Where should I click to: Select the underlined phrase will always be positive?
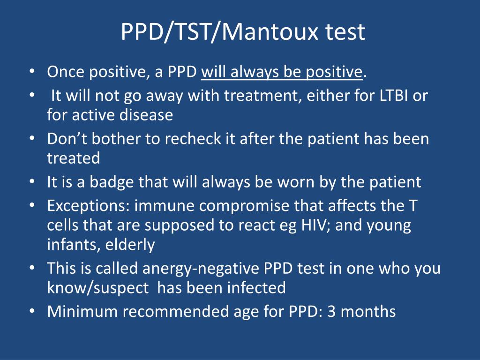[x=282, y=72]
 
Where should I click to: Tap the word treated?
[x=74, y=158]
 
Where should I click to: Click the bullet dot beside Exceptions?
[x=31, y=206]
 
